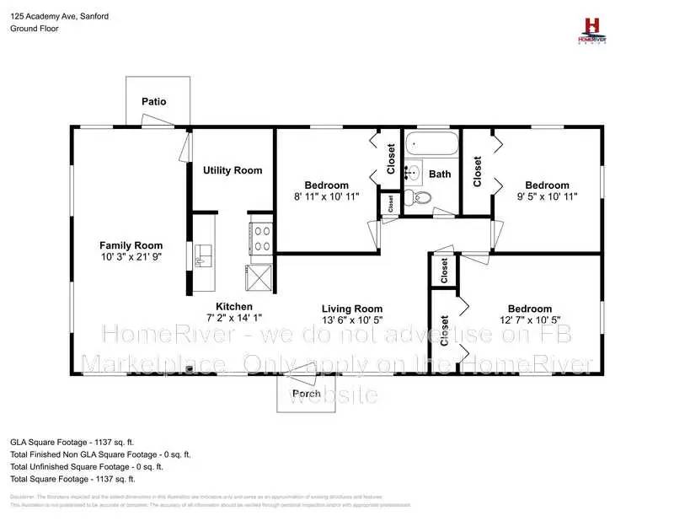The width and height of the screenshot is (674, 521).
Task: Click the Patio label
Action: pos(153,101)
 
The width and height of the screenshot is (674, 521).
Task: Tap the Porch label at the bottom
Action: pos(306,394)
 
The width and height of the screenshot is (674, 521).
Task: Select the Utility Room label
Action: pos(233,170)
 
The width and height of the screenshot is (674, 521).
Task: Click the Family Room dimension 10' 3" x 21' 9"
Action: pos(131,260)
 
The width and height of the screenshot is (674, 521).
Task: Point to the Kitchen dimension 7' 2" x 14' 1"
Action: pos(233,319)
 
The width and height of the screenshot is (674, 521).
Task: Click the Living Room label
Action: pos(352,309)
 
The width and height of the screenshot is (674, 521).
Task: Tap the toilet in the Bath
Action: pos(419,198)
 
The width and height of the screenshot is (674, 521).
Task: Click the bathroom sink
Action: pos(412,174)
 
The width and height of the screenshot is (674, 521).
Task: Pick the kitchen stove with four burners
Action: pos(260,237)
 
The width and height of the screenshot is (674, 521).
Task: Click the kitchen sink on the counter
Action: pos(201,255)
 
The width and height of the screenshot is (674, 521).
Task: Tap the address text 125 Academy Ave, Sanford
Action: pos(59,16)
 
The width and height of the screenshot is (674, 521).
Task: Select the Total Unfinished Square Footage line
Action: pos(87,466)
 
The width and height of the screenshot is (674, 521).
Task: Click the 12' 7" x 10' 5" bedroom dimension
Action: pos(529,321)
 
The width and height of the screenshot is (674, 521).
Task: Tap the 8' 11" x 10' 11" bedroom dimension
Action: pos(326,197)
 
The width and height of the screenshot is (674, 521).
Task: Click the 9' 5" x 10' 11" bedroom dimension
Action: pos(547,197)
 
